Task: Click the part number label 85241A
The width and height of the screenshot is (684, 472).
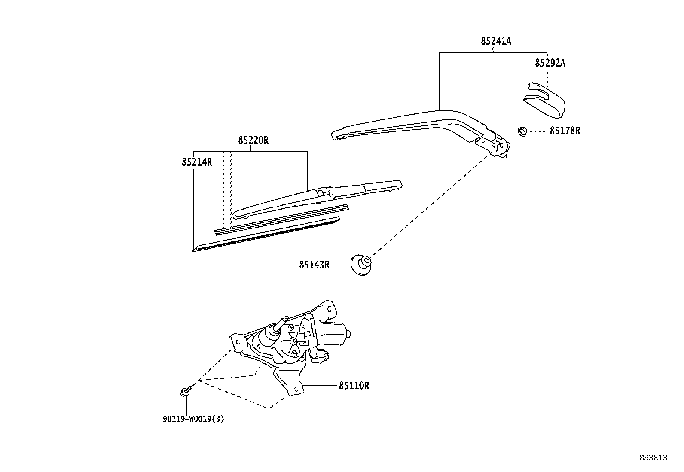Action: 496,41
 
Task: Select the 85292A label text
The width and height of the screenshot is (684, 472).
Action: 550,63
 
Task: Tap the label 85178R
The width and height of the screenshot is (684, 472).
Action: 565,131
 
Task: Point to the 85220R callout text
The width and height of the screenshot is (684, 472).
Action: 253,140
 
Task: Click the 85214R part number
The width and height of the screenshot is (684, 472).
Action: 197,162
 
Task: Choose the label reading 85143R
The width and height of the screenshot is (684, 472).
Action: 314,265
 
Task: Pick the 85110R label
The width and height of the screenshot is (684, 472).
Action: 354,386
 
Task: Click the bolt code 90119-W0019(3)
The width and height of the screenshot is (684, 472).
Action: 193,419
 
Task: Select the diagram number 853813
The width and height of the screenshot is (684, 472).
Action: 653,458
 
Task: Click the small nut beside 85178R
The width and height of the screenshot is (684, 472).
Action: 522,131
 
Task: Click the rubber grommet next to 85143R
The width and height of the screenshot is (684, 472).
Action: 361,265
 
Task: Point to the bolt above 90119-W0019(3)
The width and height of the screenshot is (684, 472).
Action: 186,391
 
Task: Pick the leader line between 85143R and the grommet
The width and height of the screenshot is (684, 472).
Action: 340,265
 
